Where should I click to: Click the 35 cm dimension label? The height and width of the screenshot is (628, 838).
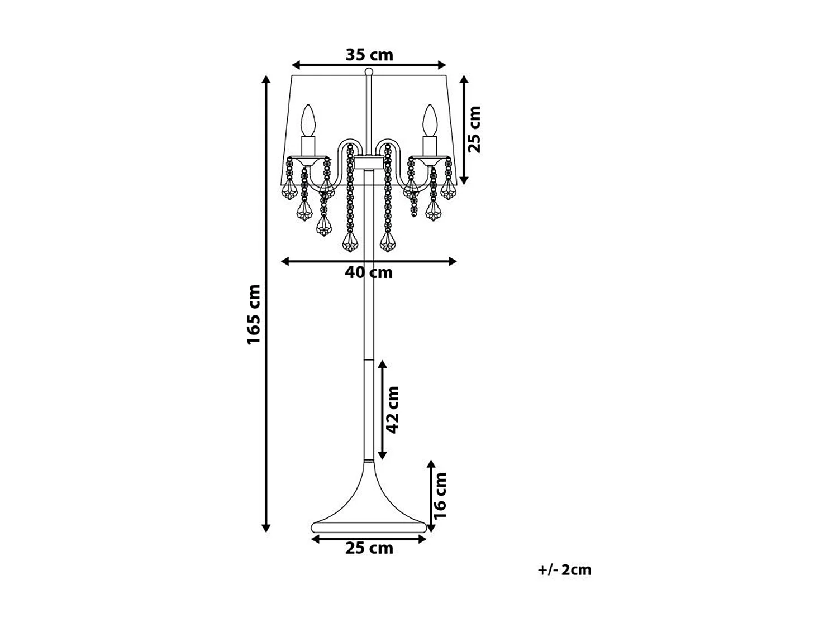tap(369, 55)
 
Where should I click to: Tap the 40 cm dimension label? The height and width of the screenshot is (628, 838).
tap(369, 272)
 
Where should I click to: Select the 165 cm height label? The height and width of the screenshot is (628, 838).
tap(254, 315)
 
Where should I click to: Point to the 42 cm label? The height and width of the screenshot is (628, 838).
tap(393, 410)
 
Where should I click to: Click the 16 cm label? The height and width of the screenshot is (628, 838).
tap(440, 496)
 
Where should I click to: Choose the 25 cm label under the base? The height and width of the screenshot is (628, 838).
tap(369, 549)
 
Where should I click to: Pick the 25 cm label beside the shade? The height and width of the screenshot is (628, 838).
tap(474, 130)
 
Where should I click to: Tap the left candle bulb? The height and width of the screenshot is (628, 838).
tap(308, 120)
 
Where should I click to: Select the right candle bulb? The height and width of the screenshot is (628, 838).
tap(430, 120)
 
